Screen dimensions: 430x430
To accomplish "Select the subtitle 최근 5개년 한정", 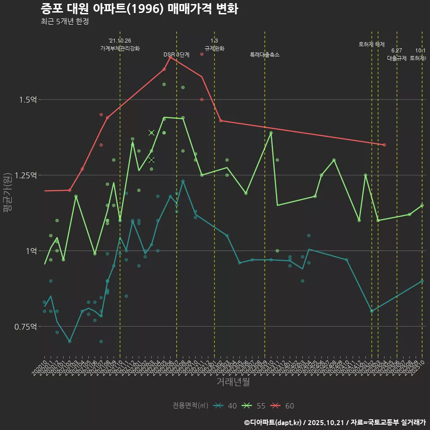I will click(64, 21).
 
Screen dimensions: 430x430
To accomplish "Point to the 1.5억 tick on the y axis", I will click(28, 99).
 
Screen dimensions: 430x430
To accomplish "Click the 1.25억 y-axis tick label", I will click(26, 175).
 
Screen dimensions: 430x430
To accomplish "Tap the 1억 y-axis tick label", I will click(30, 251).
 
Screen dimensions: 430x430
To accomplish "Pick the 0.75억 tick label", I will click(26, 327).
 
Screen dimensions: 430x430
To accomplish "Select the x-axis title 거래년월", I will click(233, 382).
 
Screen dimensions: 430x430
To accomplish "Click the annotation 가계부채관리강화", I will click(120, 48).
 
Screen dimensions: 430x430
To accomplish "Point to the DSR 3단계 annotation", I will click(176, 55).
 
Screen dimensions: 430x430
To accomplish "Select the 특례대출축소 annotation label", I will click(265, 55).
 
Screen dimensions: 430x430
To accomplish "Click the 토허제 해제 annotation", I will click(372, 44).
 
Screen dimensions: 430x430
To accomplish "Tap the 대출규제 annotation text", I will click(396, 58).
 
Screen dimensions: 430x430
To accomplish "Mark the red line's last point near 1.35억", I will click(384, 145).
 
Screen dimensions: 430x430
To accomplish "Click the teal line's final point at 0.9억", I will click(422, 281).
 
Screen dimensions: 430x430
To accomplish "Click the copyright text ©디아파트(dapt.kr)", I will click(274, 422).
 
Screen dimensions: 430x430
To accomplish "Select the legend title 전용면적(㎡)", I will click(190, 406).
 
